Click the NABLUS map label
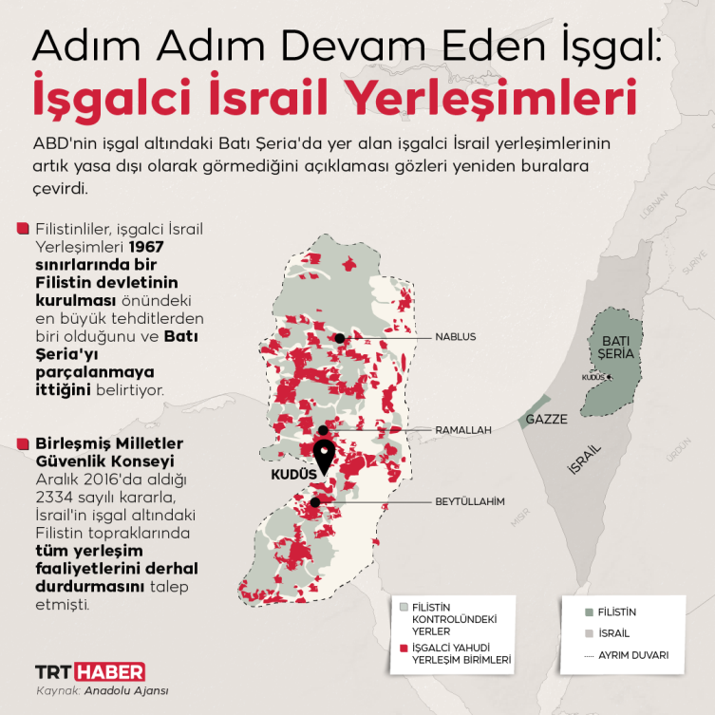coord(455,337)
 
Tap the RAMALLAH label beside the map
coord(463,430)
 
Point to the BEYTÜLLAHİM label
coord(469,500)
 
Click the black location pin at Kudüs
coord(324,457)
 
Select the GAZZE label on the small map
coord(547,418)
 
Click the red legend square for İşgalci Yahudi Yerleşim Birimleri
coord(405,647)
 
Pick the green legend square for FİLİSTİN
coord(590,612)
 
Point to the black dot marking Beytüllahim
coord(315,500)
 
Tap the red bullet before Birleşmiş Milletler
coord(22,443)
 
